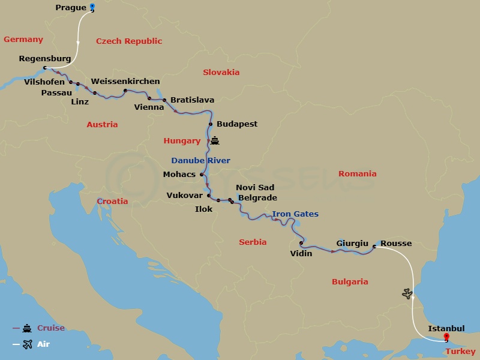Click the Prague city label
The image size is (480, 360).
click(70, 8)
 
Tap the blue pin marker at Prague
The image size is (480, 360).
click(92, 7)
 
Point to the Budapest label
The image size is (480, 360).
click(237, 124)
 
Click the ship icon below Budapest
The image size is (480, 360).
click(215, 142)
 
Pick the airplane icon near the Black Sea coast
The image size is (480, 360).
click(408, 294)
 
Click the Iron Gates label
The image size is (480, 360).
click(295, 214)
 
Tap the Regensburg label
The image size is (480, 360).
click(45, 59)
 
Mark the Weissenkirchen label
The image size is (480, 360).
click(125, 82)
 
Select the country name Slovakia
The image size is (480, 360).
click(221, 73)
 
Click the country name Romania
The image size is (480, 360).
click(357, 174)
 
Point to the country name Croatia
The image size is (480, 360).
click(112, 202)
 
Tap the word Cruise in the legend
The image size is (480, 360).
click(51, 328)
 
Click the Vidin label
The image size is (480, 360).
click(301, 254)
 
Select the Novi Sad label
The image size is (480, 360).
click(255, 188)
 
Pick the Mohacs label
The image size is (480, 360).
click(179, 175)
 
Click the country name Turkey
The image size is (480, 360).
click(461, 352)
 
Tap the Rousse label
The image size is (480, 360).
click(396, 244)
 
